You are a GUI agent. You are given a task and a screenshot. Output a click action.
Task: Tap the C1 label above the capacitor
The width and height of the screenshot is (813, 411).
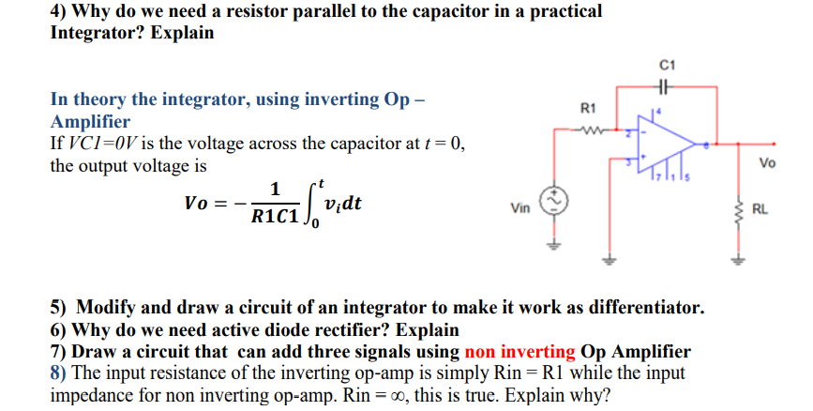point(666,65)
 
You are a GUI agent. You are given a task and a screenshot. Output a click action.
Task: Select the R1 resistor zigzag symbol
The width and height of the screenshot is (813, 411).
point(591,130)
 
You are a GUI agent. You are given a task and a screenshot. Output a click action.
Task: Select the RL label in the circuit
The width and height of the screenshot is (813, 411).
point(760,210)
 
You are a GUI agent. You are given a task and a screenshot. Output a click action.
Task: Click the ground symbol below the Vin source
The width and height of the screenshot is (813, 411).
point(554,247)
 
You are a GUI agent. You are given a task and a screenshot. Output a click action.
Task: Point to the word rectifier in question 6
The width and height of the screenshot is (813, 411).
point(354,329)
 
